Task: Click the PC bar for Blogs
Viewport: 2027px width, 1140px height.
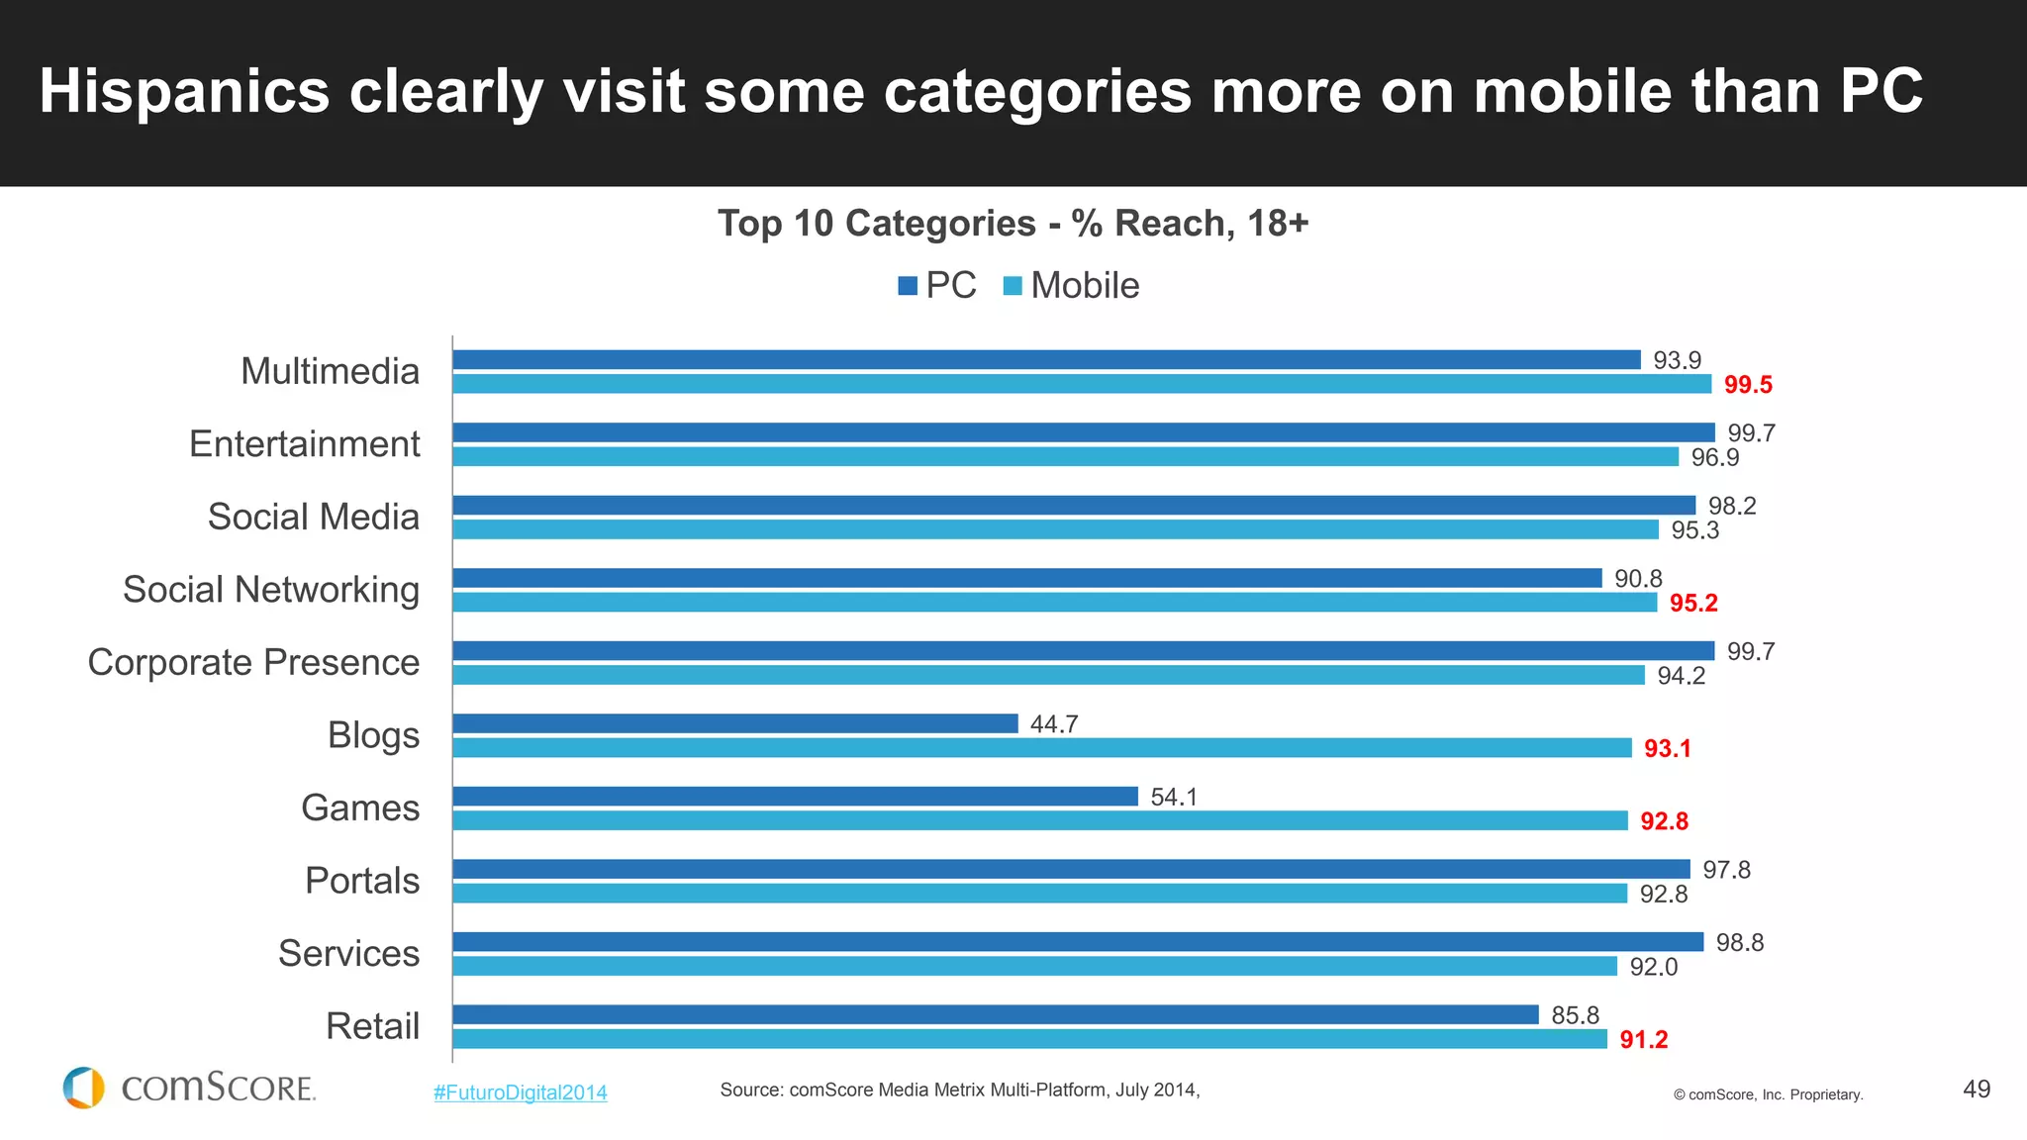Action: pos(735,723)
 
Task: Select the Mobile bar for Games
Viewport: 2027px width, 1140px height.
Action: pos(1040,820)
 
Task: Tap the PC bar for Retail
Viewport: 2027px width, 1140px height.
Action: pos(996,1014)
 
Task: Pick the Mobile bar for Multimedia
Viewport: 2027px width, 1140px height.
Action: pos(1082,384)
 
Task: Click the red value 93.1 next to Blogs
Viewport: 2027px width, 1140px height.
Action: pos(1668,749)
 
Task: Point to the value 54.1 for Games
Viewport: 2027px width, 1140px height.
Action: pos(1174,798)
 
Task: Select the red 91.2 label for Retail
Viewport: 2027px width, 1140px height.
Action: pos(1644,1040)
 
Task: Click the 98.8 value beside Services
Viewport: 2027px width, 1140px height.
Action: pos(1740,943)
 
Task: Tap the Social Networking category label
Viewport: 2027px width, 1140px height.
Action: pos(271,590)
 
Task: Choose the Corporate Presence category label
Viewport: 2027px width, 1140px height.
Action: pos(253,663)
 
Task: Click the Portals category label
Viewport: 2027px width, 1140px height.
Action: pos(362,881)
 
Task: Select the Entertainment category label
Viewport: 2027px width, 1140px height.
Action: pos(305,444)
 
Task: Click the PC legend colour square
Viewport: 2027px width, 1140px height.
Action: pos(908,286)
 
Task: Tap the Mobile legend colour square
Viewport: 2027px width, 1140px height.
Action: pos(1013,286)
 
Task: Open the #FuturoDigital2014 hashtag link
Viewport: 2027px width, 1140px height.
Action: pos(521,1092)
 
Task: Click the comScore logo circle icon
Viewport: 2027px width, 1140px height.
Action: pos(84,1088)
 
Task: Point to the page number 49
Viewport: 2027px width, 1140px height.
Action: pos(1976,1090)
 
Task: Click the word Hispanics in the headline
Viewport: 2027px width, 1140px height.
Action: pos(184,92)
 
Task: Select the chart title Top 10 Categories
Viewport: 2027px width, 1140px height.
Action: pos(1013,224)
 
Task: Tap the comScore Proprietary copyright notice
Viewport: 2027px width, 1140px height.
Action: pos(1768,1094)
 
